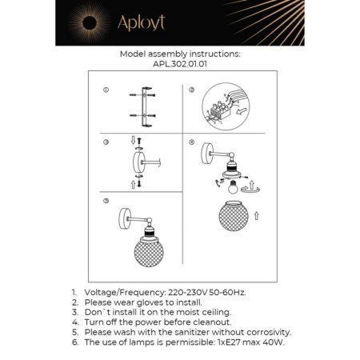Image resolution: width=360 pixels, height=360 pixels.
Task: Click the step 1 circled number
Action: (x=106, y=91)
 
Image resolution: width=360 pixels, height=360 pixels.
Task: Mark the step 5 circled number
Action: (x=106, y=201)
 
